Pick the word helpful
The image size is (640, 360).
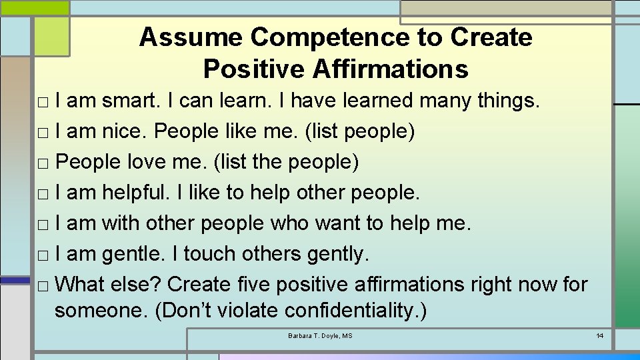tap(136, 193)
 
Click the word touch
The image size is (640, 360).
tap(206, 254)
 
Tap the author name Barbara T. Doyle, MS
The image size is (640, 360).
tap(320, 335)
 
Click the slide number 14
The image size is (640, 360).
tap(599, 335)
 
